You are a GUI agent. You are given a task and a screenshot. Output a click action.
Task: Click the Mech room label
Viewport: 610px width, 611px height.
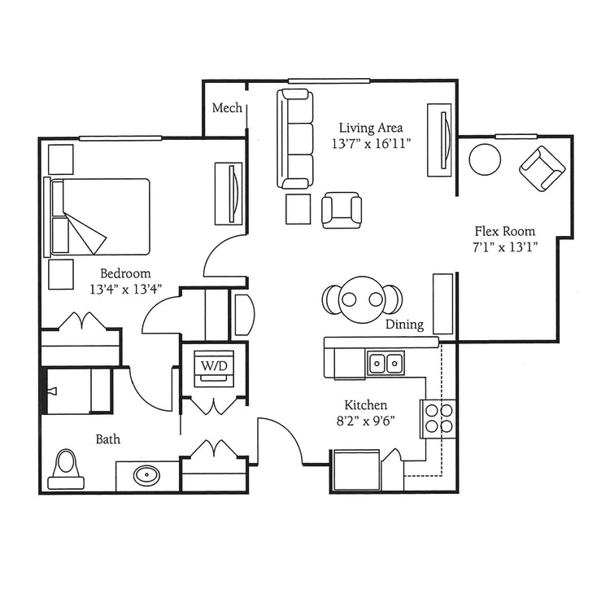[x=227, y=107]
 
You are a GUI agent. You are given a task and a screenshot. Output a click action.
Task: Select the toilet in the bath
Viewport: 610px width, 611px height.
[x=66, y=469]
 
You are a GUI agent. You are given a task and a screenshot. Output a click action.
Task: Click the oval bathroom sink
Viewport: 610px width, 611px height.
[x=146, y=475]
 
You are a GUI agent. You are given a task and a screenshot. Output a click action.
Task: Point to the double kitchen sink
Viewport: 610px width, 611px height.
[x=386, y=363]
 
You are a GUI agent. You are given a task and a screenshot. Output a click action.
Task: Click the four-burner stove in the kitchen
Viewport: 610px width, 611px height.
[x=438, y=419]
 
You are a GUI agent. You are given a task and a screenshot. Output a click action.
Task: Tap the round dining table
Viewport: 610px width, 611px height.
[x=362, y=299]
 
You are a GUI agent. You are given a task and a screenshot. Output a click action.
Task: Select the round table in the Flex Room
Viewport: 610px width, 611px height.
[x=485, y=159]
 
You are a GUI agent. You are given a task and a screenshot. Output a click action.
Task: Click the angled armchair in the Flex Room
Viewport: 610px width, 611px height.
[x=542, y=168]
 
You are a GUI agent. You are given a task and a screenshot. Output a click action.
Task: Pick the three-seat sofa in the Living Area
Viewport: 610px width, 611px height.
[x=295, y=139]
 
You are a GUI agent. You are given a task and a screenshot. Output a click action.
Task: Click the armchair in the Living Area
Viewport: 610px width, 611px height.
[x=342, y=211]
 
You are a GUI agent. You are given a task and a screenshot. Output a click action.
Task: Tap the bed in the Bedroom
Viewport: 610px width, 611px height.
[x=97, y=216]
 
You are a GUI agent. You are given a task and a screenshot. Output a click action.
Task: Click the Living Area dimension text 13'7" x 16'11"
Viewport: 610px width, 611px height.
[x=371, y=144]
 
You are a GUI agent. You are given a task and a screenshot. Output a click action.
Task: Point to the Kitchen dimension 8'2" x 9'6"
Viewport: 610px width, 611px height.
[x=366, y=421]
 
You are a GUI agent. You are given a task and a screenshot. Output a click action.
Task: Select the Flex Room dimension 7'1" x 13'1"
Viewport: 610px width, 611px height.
[x=505, y=247]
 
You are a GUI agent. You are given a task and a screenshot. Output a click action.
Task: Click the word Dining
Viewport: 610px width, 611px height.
[x=404, y=325]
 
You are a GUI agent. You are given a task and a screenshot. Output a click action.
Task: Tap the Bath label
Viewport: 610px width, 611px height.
[x=108, y=439]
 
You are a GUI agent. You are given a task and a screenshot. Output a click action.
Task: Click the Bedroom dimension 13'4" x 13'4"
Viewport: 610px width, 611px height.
[x=125, y=289]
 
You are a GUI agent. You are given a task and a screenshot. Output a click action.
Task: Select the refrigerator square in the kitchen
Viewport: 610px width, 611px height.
[x=356, y=470]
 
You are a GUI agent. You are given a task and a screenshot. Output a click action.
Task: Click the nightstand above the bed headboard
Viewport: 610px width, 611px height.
[x=60, y=159]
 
